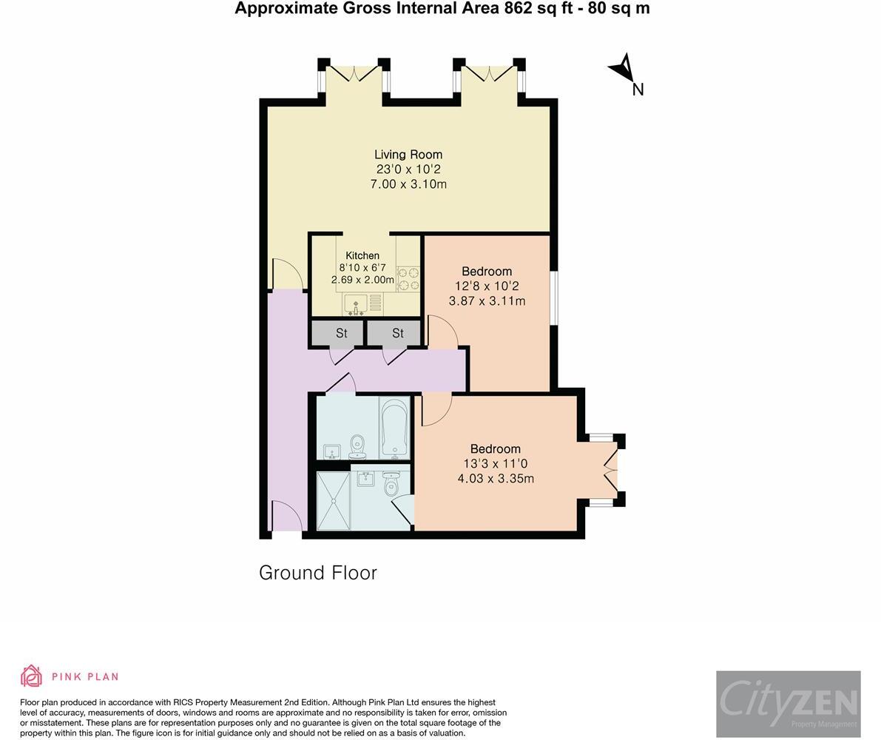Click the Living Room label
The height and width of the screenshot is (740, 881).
click(408, 155)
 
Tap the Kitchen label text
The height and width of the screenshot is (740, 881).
click(362, 255)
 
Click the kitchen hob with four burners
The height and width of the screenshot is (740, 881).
click(408, 279)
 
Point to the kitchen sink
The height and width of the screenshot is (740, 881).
click(356, 304)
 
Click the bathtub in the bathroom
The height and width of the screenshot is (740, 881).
click(394, 428)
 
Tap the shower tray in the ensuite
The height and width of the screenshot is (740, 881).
click(334, 501)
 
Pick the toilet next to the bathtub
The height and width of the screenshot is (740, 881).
click(357, 447)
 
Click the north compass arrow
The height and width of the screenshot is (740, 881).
click(623, 68)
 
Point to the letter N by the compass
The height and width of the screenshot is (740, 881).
click(638, 90)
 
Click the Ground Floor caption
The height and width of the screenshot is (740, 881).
click(318, 573)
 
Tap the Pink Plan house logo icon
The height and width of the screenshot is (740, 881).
click(32, 676)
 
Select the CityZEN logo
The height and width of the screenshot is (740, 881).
click(789, 704)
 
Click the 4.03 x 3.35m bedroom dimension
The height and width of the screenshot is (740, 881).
click(496, 479)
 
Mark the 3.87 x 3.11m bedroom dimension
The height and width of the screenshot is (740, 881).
click(487, 300)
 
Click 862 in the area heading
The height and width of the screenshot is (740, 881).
click(516, 8)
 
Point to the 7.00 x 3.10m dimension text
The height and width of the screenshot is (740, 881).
click(408, 184)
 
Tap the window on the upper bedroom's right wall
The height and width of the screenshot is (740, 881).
click(553, 297)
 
